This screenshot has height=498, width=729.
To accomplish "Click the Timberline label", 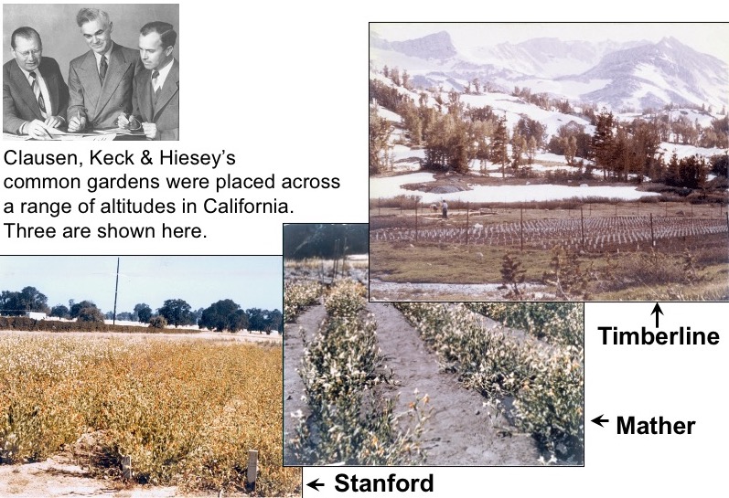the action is tap(659, 335).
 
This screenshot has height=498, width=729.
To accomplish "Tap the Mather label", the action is tap(656, 425).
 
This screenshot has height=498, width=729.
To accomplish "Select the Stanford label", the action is tap(384, 483).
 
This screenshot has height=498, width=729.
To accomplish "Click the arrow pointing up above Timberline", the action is tap(657, 313).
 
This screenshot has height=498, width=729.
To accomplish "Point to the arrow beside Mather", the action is tap(600, 421).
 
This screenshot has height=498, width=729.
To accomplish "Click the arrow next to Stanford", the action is tap(316, 485).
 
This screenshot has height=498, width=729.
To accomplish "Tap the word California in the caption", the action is tap(248, 206).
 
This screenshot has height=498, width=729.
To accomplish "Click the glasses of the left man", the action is tap(27, 52).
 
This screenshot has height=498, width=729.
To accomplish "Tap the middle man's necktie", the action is tap(103, 69).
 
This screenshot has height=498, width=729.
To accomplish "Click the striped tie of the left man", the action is tap(39, 93).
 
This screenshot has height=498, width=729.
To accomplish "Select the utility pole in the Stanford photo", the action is tap(116, 291).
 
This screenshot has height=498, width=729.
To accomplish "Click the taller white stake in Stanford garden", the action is tap(252, 469).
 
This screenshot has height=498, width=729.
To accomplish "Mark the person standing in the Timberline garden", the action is tap(445, 209).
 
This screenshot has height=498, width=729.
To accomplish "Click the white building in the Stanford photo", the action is tap(36, 315).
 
